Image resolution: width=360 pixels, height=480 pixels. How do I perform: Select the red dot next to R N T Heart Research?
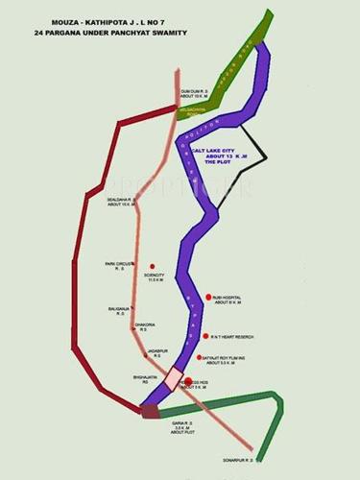(204, 336)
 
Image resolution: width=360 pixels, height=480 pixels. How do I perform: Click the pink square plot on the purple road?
(173, 380)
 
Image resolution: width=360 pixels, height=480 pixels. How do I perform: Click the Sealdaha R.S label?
(120, 202)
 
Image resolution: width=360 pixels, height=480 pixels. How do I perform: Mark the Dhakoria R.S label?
(146, 325)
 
